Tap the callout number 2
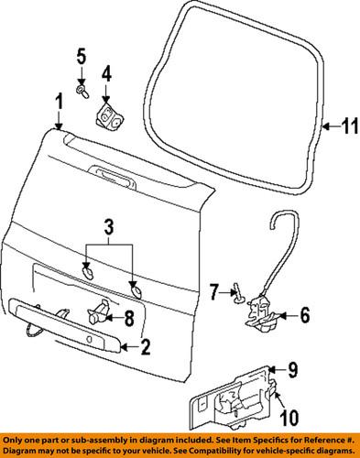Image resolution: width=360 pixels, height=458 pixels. point(144,346)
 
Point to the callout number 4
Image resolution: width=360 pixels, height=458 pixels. point(106,71)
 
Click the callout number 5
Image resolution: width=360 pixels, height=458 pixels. point(81,60)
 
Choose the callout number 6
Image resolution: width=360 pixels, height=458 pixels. point(305,315)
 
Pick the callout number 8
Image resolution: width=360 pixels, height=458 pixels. point(128,318)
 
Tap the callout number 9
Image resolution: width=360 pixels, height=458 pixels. point(293,369)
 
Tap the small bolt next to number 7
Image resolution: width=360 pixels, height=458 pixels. point(237,294)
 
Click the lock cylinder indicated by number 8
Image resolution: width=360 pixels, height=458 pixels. point(97,317)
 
